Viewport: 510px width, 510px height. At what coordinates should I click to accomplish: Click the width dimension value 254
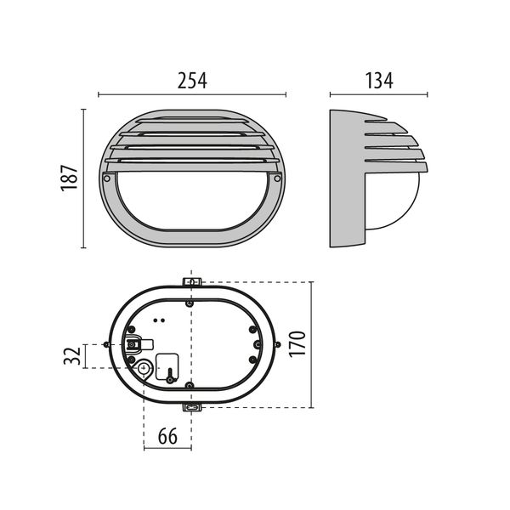(193, 82)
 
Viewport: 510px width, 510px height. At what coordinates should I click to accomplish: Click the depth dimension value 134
(373, 82)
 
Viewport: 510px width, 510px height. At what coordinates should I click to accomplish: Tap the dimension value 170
(297, 343)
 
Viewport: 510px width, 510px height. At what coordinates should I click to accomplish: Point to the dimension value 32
(75, 355)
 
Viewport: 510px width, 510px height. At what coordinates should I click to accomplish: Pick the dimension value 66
(167, 438)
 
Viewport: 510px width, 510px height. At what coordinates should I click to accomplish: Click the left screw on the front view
(106, 179)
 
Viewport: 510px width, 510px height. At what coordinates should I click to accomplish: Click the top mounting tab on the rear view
(192, 281)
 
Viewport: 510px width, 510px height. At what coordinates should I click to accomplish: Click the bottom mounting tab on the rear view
(192, 406)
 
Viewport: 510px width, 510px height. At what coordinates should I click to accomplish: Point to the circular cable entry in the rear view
(144, 369)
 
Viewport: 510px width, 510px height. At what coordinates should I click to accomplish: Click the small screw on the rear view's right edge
(277, 343)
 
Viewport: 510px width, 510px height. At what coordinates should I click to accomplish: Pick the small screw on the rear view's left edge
(105, 344)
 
